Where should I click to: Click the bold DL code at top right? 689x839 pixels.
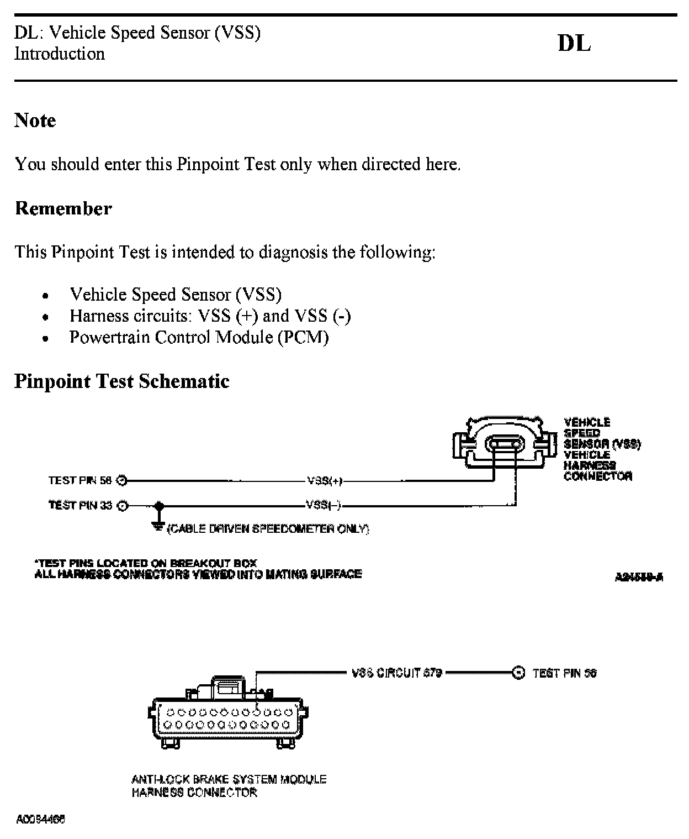[x=574, y=44]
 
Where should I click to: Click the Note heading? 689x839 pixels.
[x=35, y=120]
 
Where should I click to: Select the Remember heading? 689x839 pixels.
[x=63, y=208]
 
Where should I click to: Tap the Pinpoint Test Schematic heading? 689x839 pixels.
[x=121, y=381]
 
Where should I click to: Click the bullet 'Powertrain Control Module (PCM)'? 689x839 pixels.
[x=199, y=337]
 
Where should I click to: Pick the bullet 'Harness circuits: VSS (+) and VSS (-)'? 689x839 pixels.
[x=210, y=316]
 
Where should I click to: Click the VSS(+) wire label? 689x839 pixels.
[x=325, y=481]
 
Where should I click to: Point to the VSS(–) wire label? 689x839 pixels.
[x=325, y=505]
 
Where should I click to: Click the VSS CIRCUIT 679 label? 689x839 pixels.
[x=397, y=673]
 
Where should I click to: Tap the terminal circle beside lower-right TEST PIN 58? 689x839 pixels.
[x=518, y=673]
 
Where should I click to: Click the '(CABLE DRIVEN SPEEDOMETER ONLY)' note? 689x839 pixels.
[x=268, y=529]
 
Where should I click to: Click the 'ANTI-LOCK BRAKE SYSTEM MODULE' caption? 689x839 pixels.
[x=229, y=779]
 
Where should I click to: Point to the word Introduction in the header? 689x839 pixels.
[x=60, y=54]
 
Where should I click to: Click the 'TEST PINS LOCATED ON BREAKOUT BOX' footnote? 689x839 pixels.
[x=146, y=563]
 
